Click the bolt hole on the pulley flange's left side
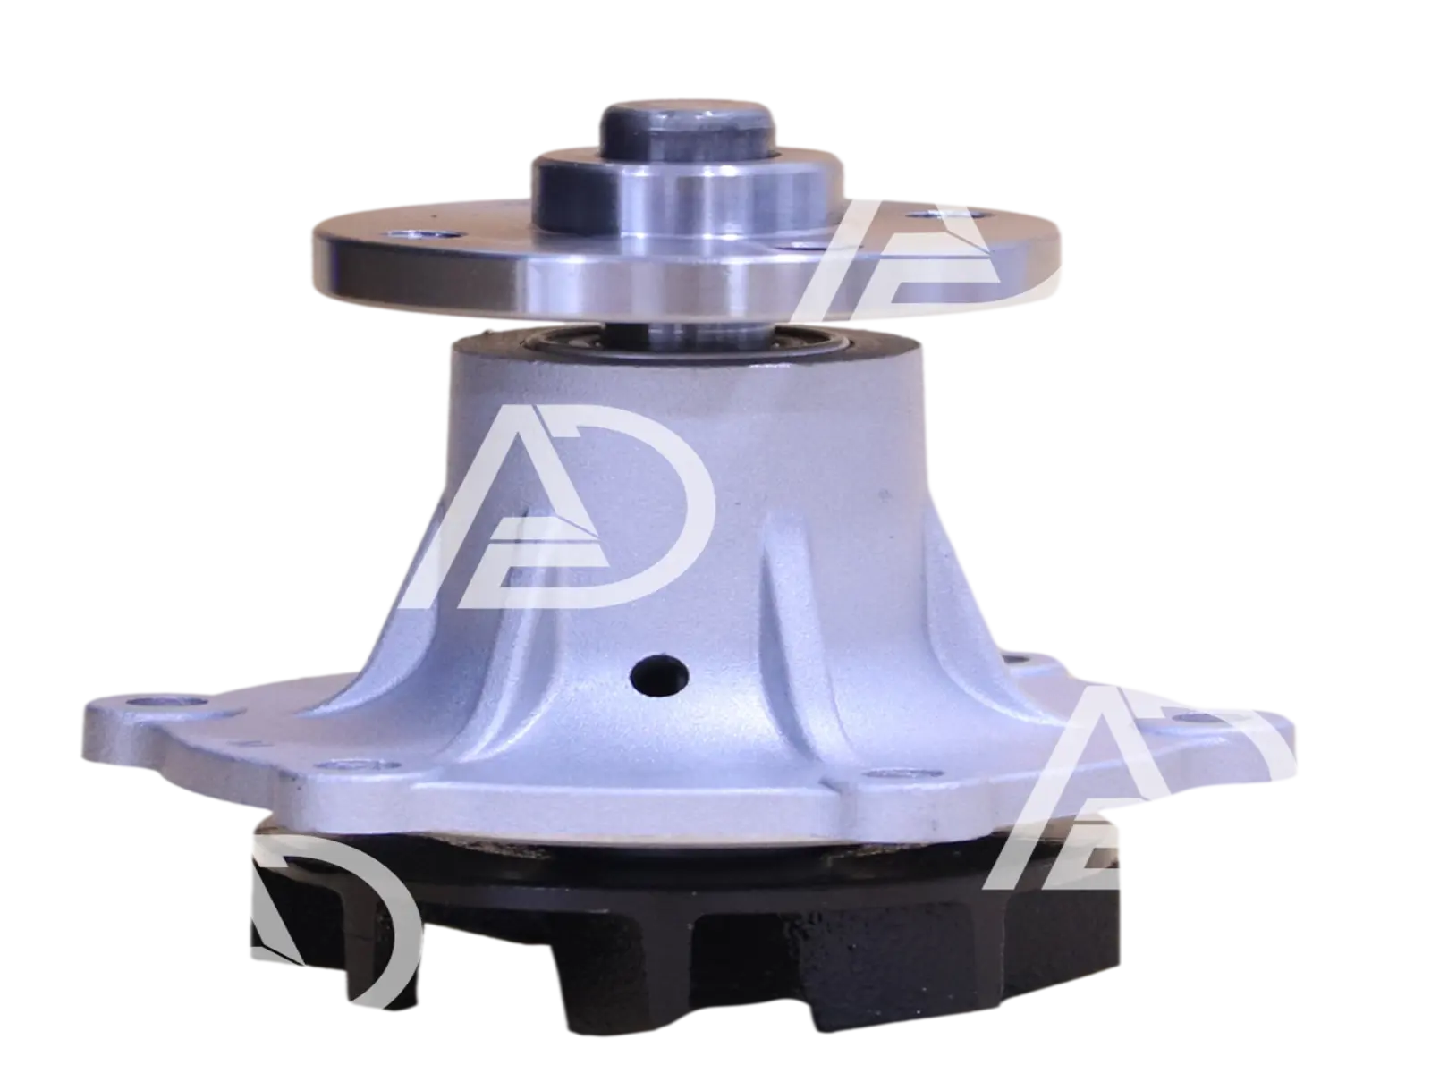pos(442,235)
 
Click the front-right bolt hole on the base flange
pos(894,773)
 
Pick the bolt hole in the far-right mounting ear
pos(1194,718)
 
